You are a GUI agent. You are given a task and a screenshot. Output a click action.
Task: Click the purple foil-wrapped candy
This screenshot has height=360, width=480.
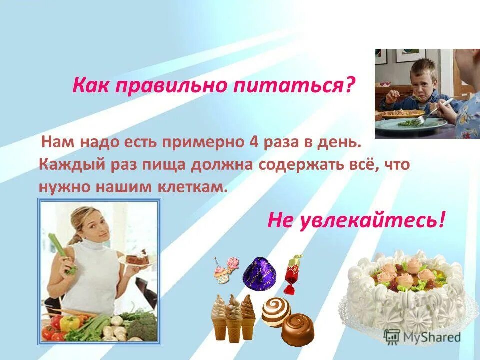pos(260,273)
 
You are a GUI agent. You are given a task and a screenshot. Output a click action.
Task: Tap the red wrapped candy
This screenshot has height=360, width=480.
pos(292,273)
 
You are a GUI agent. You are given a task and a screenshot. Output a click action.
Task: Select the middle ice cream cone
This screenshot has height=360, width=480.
pos(233,315)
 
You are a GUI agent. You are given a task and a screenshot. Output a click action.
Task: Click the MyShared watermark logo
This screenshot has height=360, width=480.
pos(422,337)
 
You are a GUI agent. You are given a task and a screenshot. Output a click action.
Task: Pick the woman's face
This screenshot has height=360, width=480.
pos(89,223)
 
